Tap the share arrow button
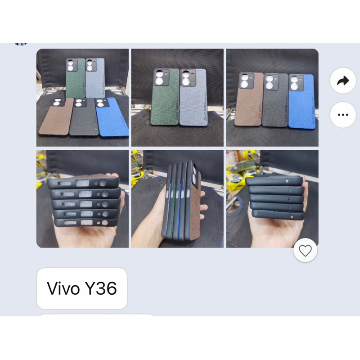click(x=343, y=81)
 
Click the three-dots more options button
click(x=343, y=115)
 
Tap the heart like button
click(x=306, y=251)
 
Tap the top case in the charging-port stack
click(x=83, y=183)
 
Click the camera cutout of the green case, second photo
click(x=161, y=77)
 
